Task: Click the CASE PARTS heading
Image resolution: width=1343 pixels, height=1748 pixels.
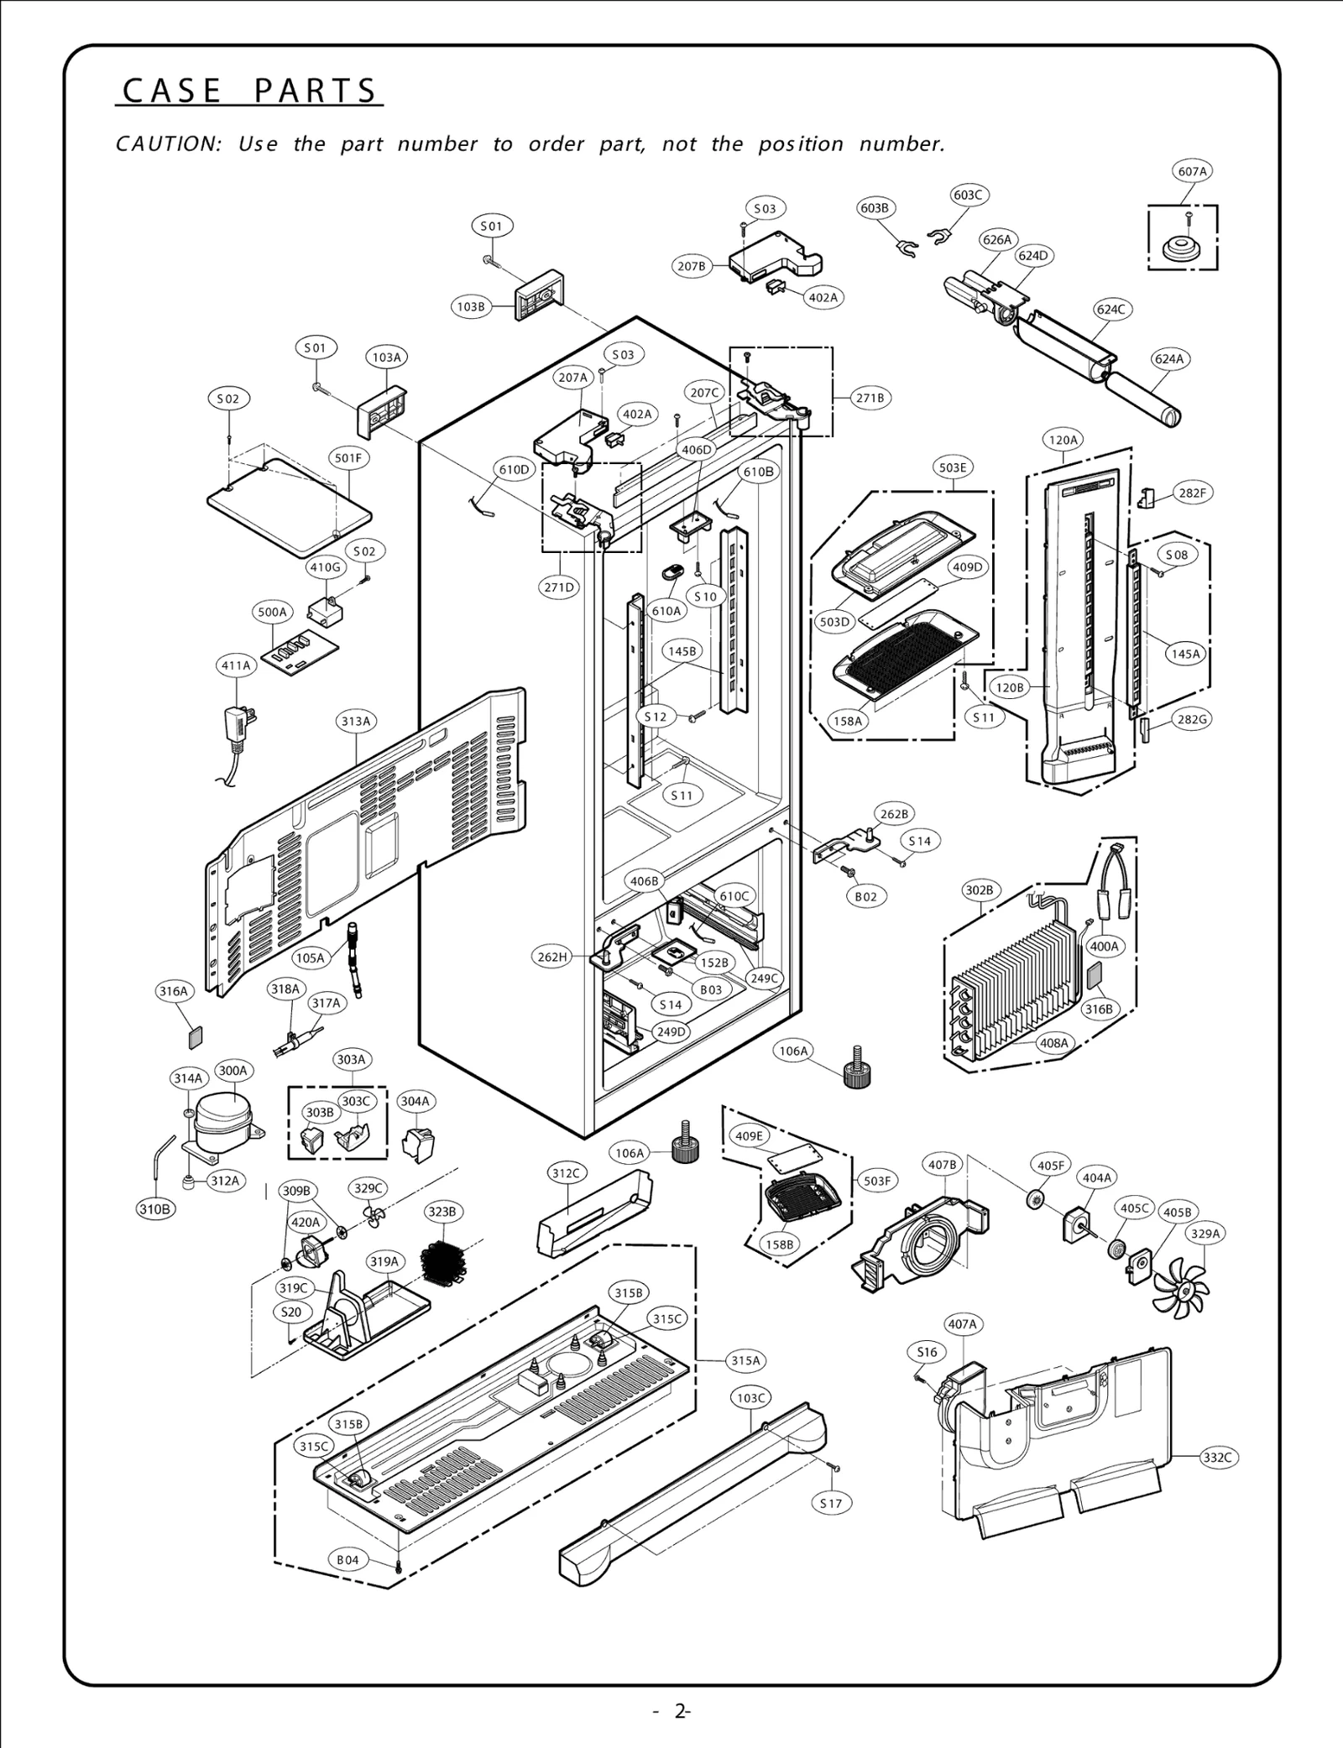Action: click(249, 91)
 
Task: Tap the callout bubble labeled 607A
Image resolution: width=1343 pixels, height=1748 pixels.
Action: click(1192, 171)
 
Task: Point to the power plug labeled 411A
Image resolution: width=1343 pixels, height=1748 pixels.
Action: click(238, 723)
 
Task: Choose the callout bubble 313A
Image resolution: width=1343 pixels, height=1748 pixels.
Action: click(356, 721)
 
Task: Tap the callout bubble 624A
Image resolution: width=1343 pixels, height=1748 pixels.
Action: click(1169, 359)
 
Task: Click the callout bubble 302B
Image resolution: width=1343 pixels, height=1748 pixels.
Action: click(979, 890)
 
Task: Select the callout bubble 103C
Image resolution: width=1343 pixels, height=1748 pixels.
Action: click(750, 1397)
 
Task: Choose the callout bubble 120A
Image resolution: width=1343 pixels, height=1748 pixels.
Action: click(1063, 439)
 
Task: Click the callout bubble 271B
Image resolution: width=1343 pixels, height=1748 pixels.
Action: click(870, 398)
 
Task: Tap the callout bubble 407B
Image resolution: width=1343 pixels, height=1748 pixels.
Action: click(942, 1165)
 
